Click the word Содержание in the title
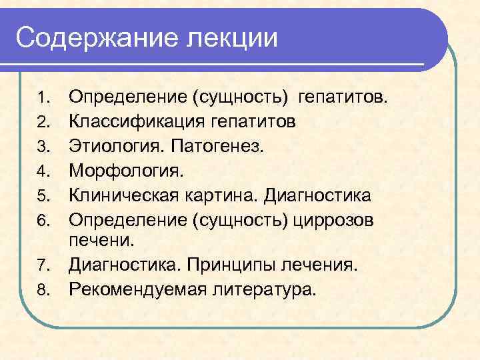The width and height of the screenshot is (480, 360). tap(97, 37)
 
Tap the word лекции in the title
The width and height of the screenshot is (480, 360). tap(232, 37)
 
